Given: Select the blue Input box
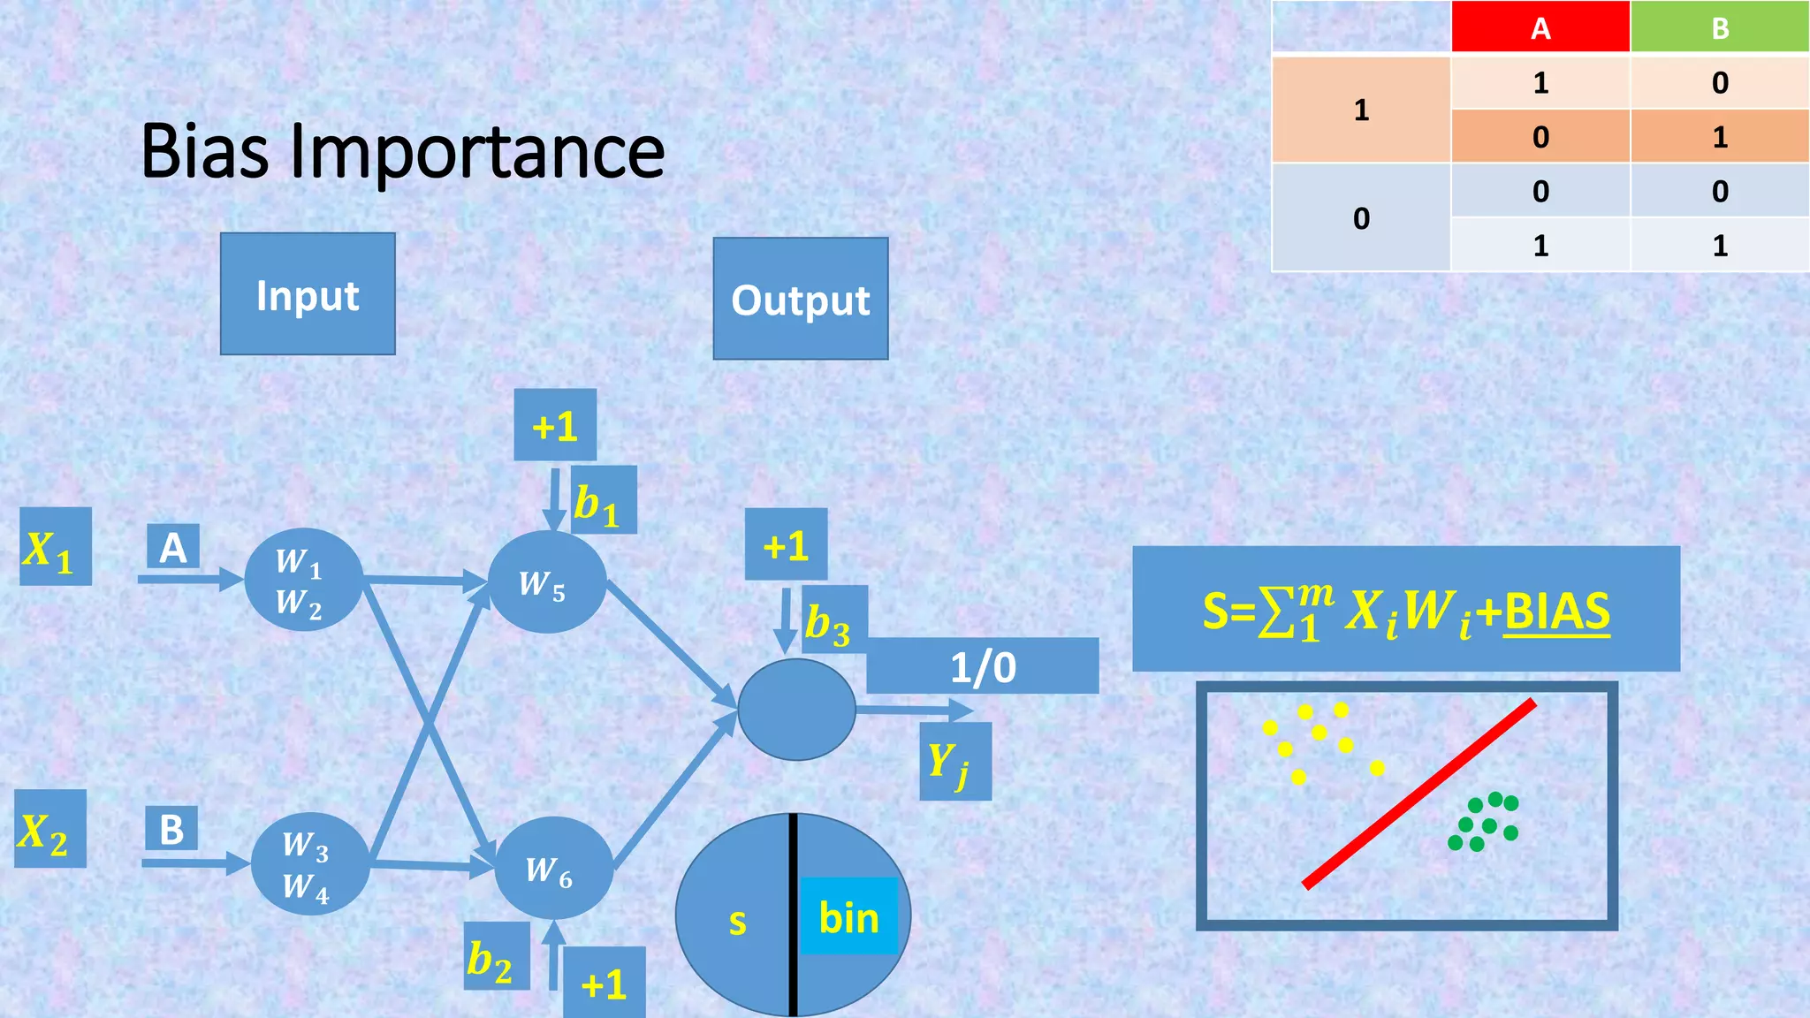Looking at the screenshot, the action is [308, 294].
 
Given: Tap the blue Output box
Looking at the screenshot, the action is [801, 299].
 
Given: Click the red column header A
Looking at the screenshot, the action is [1540, 27].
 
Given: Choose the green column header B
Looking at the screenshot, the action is [1720, 27].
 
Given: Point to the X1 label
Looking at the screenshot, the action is [55, 547].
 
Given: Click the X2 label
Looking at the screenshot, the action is [50, 829].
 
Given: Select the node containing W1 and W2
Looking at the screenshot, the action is [303, 580].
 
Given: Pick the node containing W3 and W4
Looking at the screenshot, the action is [309, 863].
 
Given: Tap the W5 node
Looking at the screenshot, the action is [546, 582].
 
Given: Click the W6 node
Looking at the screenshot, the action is [553, 868].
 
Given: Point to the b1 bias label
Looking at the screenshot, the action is [604, 501].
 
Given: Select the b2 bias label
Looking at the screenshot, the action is [497, 957].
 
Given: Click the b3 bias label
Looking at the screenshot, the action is [834, 620].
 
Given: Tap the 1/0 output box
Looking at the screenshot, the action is [983, 666].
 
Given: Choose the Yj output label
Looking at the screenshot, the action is [954, 762].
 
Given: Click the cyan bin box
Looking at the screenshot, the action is [849, 916].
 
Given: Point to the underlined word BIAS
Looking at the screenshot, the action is [1556, 610].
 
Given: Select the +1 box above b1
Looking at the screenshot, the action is [555, 425].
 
